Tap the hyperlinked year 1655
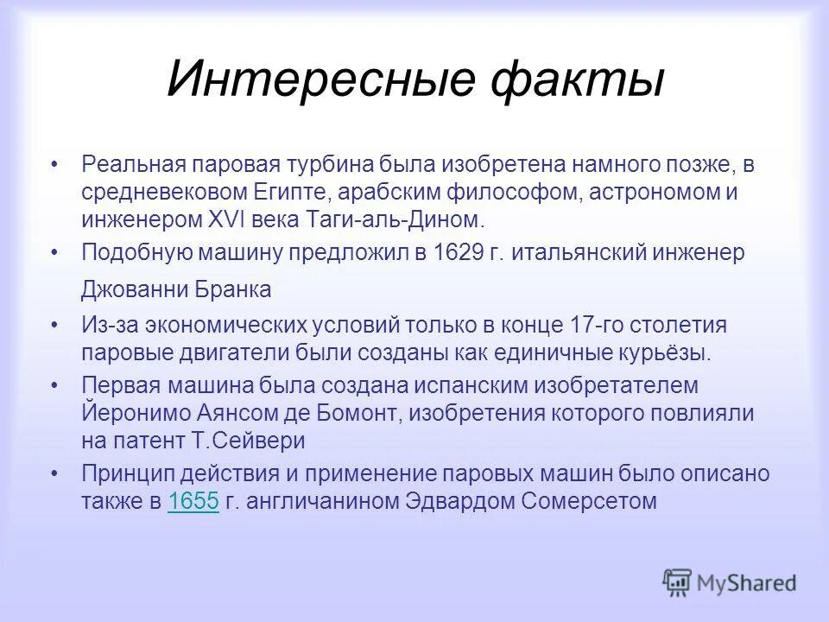194,501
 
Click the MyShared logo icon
677,582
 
